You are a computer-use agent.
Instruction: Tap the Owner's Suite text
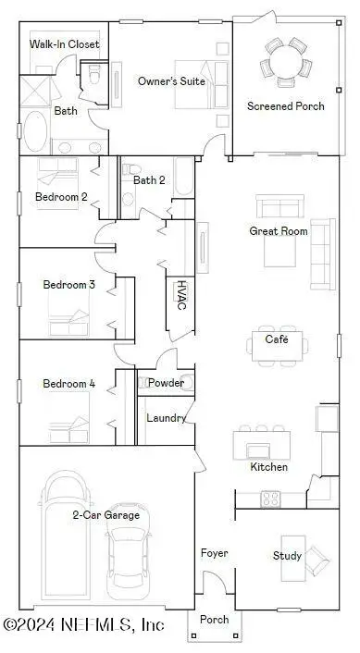point(171,81)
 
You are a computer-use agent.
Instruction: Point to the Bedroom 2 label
point(61,196)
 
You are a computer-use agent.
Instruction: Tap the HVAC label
point(182,294)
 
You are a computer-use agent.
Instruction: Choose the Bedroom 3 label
point(68,285)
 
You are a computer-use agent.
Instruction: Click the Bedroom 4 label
point(68,384)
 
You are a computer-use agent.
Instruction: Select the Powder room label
point(166,383)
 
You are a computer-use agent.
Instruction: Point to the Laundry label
point(167,418)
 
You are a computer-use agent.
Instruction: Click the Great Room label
point(278,231)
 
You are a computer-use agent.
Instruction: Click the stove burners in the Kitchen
point(271,499)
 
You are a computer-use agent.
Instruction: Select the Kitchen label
point(268,467)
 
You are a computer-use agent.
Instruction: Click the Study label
point(286,556)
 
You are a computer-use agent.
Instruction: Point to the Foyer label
point(215,553)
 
